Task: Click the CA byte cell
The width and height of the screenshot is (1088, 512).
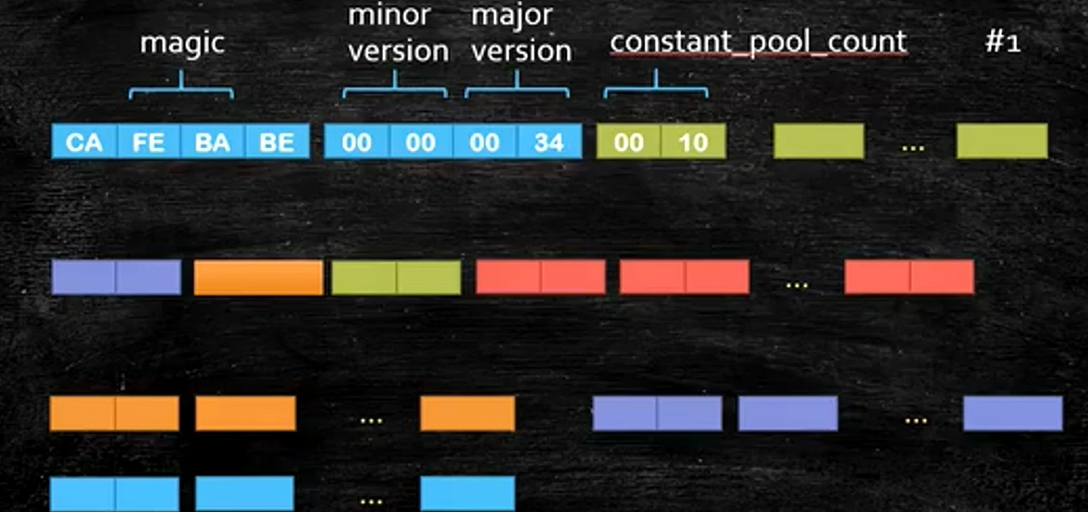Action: (84, 142)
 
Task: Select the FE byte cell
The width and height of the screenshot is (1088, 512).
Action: (148, 142)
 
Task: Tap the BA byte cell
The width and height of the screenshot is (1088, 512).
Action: (212, 142)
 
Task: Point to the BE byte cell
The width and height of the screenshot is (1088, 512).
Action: (277, 142)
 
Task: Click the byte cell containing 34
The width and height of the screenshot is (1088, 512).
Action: (550, 142)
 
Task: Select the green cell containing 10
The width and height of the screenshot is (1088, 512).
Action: (693, 142)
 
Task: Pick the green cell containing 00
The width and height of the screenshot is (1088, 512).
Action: (629, 142)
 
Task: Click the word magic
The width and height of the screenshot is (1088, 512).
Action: (182, 44)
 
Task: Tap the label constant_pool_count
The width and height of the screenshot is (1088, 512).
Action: (758, 42)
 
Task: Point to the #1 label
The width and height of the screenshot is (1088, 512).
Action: (1003, 43)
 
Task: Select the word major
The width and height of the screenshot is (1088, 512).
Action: (512, 16)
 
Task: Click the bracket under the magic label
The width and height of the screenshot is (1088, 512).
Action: (181, 89)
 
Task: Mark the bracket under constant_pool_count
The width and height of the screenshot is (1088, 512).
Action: (656, 89)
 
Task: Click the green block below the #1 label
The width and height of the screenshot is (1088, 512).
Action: (1002, 142)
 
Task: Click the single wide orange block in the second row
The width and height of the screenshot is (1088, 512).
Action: (258, 277)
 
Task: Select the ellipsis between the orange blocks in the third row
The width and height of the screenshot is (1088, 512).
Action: (371, 418)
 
